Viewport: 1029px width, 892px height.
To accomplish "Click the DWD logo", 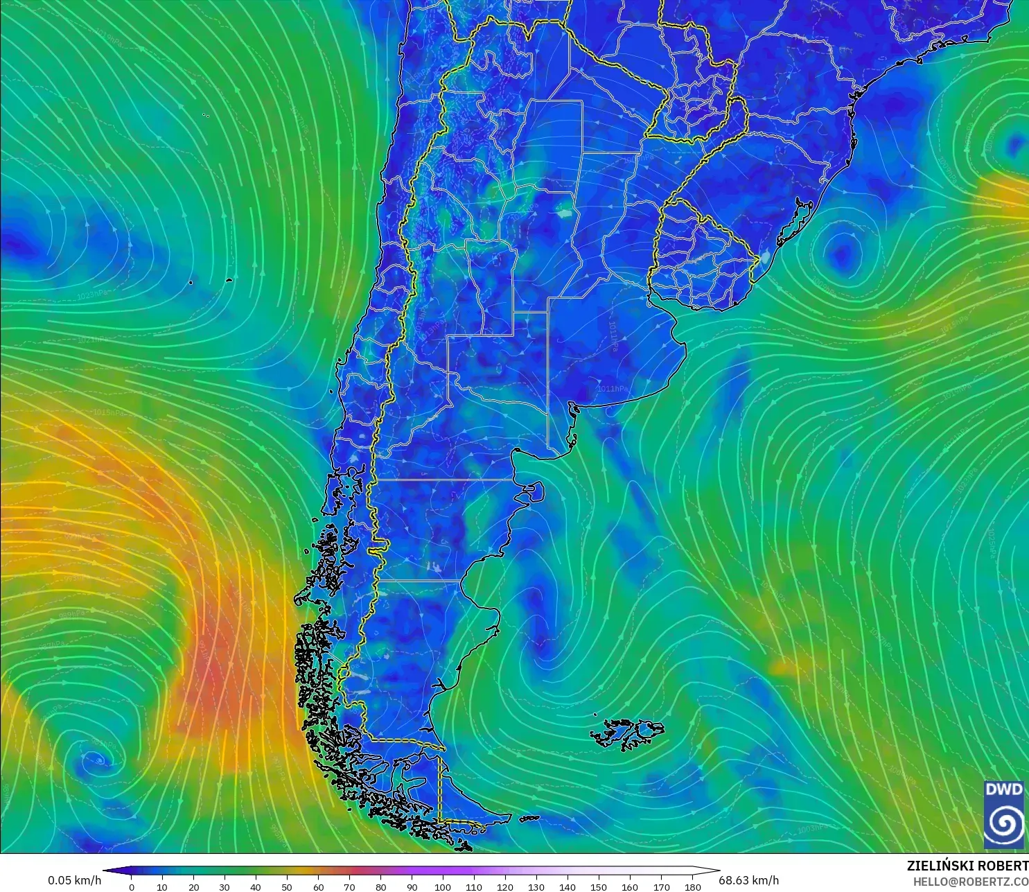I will click(x=1003, y=814).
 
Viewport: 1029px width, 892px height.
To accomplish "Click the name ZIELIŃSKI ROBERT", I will click(x=967, y=866).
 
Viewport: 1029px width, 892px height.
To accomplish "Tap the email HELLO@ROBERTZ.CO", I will click(x=970, y=882).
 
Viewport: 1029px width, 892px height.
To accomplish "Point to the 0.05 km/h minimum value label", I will click(x=74, y=880).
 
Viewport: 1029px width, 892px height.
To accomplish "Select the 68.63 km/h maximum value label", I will click(x=748, y=880).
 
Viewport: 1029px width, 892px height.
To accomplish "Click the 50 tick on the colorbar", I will click(x=287, y=886).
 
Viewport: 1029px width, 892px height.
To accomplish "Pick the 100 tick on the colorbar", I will click(x=443, y=886).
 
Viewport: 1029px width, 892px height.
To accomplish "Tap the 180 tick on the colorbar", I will click(x=693, y=886).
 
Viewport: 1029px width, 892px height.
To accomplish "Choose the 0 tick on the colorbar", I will click(x=132, y=886).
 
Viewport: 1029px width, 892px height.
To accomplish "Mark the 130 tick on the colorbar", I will click(x=536, y=886).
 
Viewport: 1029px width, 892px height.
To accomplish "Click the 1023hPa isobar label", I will click(x=93, y=295).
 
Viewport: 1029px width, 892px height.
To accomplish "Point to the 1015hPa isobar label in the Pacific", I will click(x=108, y=412).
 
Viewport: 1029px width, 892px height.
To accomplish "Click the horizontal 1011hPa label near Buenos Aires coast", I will click(x=613, y=389).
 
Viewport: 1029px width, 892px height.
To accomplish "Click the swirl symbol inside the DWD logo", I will click(x=1003, y=823).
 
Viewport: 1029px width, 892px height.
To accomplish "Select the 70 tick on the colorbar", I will click(x=349, y=886).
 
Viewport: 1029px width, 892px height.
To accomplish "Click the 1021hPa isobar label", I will click(x=93, y=340).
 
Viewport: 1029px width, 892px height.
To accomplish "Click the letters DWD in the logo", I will click(x=1003, y=789).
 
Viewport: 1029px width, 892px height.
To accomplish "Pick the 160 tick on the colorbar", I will click(x=630, y=886).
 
